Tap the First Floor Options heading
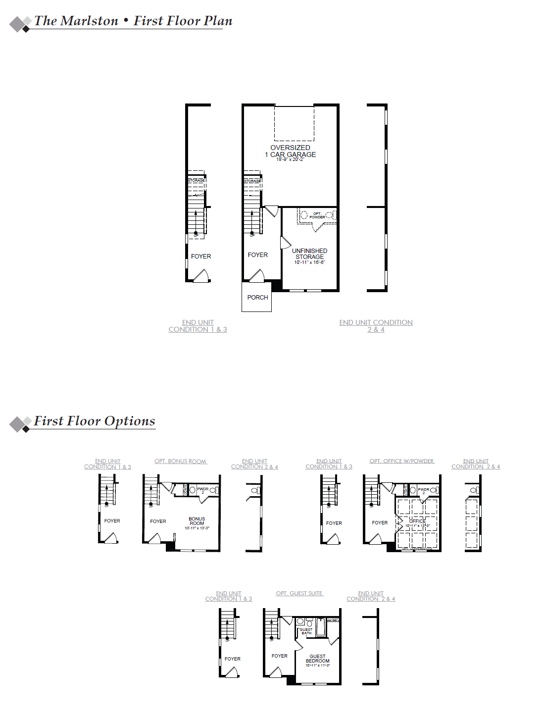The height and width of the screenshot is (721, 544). [x=94, y=421]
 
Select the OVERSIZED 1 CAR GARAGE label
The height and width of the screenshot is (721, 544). [x=290, y=151]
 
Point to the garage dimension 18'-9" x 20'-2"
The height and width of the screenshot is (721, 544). [x=290, y=159]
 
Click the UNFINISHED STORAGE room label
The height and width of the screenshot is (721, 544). [x=309, y=254]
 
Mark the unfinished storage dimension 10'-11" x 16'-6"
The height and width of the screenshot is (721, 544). [x=309, y=262]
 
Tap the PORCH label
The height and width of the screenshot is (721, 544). [x=257, y=298]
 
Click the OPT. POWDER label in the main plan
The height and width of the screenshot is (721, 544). [x=317, y=215]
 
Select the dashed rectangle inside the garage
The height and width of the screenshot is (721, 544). [x=294, y=123]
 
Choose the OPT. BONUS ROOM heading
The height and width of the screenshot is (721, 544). [x=180, y=461]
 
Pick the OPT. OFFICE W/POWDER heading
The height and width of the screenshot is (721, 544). [x=401, y=461]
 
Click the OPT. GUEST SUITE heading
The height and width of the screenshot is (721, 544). [x=299, y=593]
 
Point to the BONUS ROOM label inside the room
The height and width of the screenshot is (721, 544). [x=197, y=521]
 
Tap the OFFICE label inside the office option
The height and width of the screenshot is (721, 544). [x=417, y=521]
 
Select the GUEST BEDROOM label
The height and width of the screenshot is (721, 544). [x=317, y=659]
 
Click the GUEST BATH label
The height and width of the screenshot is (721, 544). [x=306, y=631]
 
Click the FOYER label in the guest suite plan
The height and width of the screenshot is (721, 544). [x=279, y=656]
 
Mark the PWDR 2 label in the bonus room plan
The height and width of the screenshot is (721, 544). [x=203, y=490]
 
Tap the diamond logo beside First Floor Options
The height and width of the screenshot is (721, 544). [x=20, y=424]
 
